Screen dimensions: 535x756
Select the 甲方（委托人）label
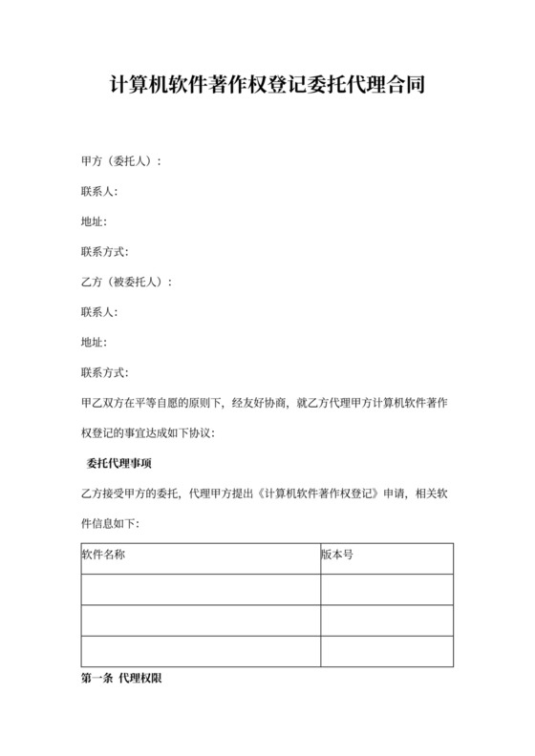click(121, 161)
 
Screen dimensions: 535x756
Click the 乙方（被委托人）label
click(127, 283)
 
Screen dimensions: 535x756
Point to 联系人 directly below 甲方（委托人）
click(99, 192)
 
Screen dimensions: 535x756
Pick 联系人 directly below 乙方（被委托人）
click(99, 312)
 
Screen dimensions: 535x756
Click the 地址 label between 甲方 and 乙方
click(94, 222)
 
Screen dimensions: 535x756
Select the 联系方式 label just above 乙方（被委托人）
click(105, 252)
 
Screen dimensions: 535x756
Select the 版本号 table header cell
click(336, 555)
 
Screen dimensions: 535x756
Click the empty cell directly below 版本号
click(386, 590)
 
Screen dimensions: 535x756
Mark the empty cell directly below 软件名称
click(201, 590)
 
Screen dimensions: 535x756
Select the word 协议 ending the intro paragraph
click(204, 433)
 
